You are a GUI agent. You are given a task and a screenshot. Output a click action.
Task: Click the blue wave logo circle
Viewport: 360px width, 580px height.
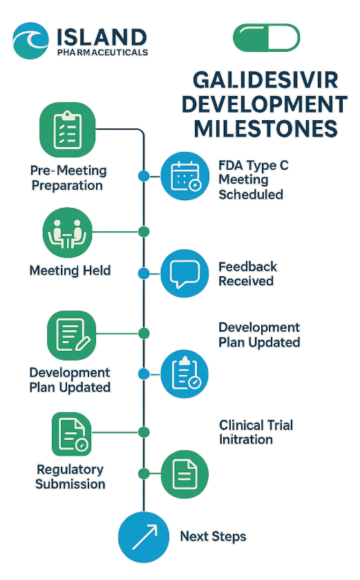click(30, 41)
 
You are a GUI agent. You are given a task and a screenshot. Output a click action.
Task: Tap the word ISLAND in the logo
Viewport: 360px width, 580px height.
click(102, 38)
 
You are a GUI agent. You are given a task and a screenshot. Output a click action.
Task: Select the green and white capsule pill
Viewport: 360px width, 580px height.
click(266, 37)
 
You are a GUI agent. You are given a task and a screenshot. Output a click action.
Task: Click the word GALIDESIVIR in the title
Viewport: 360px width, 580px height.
click(265, 80)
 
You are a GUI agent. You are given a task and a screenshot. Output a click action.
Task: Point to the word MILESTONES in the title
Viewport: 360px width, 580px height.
click(265, 128)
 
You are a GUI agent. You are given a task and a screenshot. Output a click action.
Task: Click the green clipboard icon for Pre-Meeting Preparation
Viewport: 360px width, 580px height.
click(67, 130)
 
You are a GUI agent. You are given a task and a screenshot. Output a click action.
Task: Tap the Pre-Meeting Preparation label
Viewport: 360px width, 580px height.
click(68, 177)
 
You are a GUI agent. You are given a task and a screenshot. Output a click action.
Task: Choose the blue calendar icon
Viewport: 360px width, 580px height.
click(185, 176)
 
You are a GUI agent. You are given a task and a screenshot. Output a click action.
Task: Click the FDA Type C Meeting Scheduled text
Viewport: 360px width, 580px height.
click(253, 180)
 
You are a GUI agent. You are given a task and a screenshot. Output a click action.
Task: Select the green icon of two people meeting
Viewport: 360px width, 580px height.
click(67, 233)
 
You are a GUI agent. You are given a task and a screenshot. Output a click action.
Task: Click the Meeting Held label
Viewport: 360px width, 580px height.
click(70, 271)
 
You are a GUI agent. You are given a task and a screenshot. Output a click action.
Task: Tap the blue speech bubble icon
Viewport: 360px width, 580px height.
click(184, 273)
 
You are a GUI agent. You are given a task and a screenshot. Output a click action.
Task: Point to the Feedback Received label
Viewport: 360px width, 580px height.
click(247, 273)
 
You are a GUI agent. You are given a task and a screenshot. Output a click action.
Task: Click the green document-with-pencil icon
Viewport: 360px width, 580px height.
click(72, 336)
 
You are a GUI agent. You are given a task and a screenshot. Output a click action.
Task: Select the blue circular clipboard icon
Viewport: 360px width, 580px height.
click(184, 374)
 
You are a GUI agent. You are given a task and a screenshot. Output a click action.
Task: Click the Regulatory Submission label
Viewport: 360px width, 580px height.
click(70, 477)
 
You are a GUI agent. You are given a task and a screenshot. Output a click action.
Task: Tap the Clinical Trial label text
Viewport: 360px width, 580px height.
click(256, 425)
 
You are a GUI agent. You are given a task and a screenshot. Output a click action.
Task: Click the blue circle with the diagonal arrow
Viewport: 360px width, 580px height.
click(144, 537)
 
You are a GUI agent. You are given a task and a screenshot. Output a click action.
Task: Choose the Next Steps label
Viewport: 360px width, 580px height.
click(213, 536)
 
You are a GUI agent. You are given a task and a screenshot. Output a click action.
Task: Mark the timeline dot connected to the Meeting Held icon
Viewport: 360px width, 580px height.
click(144, 232)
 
